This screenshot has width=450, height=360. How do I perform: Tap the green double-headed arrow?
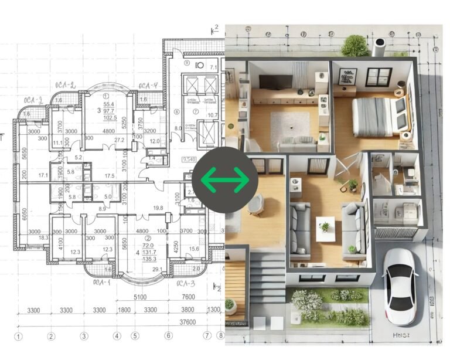(225, 179)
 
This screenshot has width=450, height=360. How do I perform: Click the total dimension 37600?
(187, 322)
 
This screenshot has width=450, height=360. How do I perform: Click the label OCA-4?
(148, 86)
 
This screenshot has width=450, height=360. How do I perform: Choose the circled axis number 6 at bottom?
(169, 336)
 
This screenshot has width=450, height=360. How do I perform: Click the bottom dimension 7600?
(189, 297)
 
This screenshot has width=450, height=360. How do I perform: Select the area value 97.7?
(108, 111)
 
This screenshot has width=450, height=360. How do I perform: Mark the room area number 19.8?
(157, 208)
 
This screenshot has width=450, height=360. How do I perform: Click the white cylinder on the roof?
(379, 47)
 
